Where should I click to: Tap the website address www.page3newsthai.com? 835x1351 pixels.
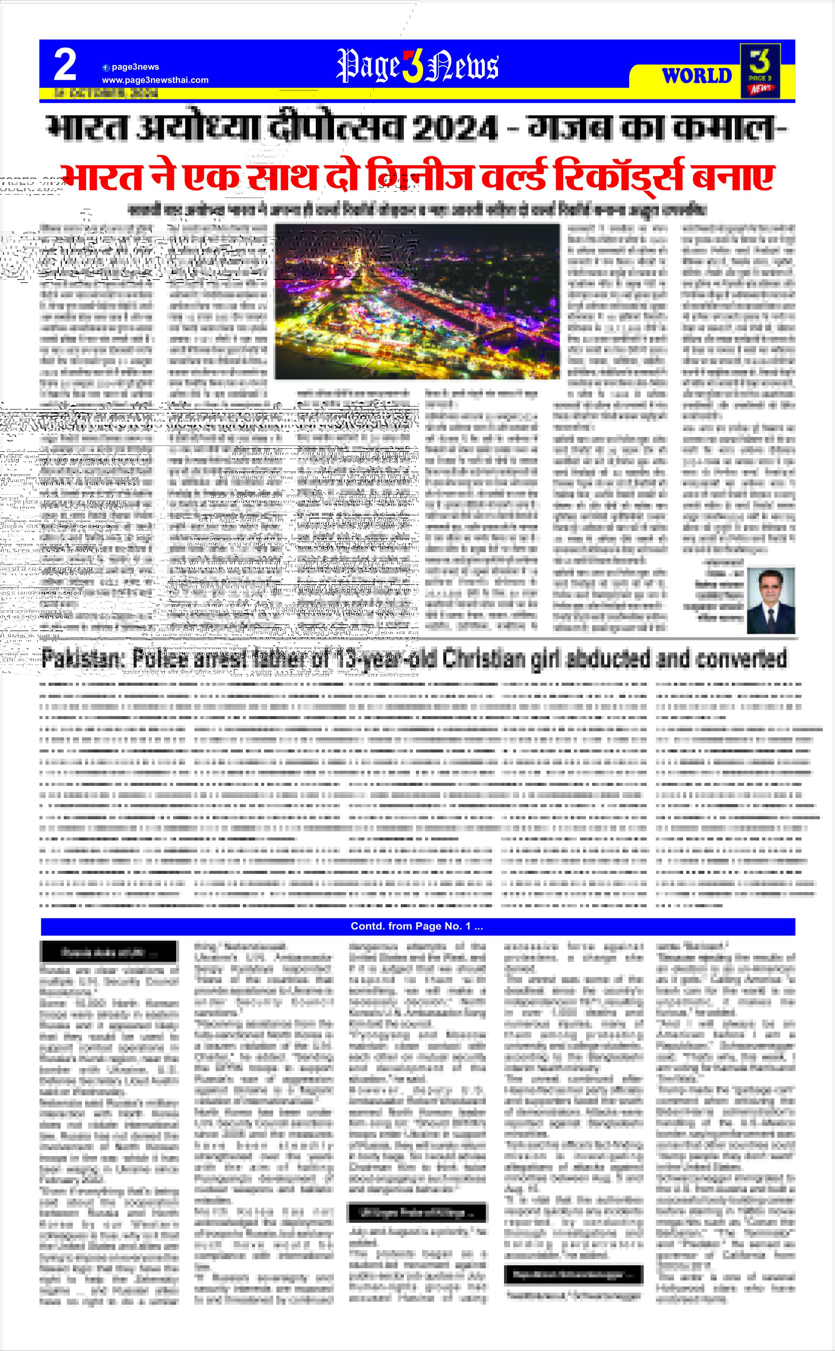(x=155, y=80)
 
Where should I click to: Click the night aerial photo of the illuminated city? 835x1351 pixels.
(x=417, y=301)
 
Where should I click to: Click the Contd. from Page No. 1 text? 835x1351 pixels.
(x=417, y=926)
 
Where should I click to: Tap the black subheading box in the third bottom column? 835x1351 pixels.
(x=417, y=1213)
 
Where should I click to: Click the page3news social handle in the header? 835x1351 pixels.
(x=135, y=67)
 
